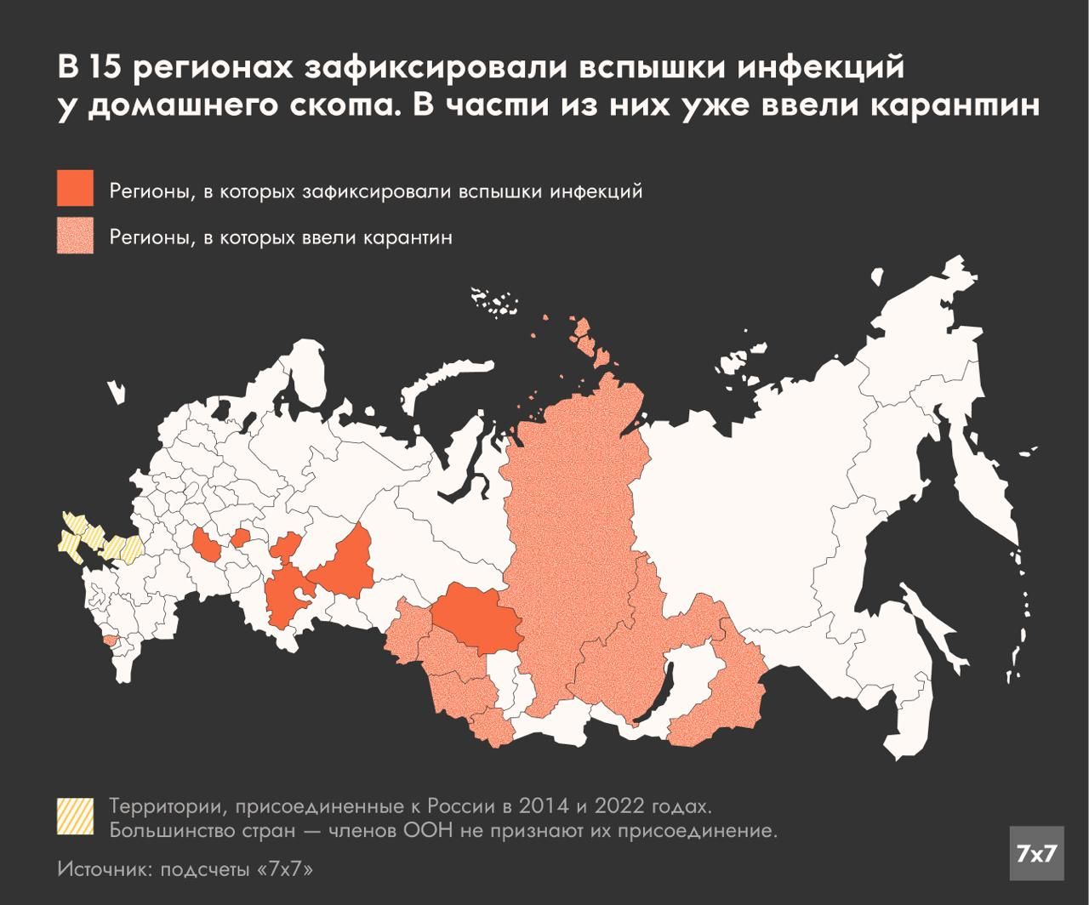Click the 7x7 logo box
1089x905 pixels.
click(1036, 853)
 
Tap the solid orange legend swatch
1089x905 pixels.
click(75, 188)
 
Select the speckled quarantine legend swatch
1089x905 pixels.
click(75, 236)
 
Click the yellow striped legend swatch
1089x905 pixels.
click(75, 816)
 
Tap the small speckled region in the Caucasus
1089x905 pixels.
click(110, 640)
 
